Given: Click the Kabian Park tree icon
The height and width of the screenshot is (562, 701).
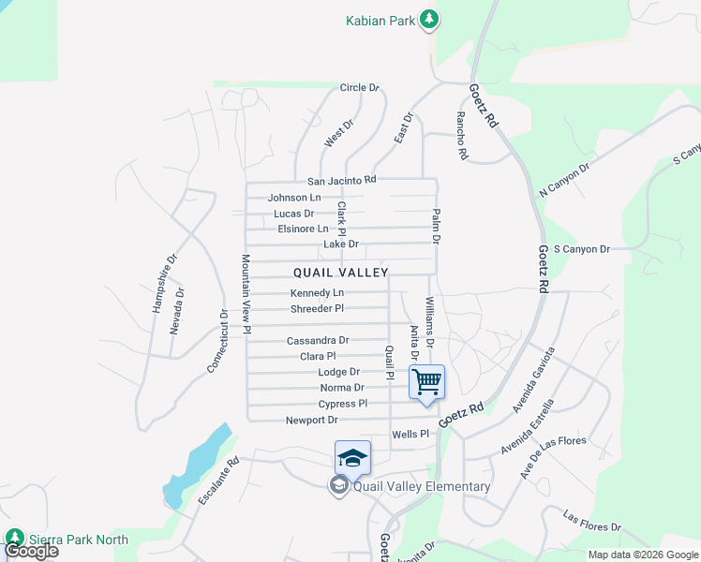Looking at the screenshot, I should coord(430,19).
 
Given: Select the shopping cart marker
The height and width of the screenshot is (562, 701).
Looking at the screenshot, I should coord(426,381).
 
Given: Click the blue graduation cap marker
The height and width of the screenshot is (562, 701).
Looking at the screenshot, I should coord(352,458).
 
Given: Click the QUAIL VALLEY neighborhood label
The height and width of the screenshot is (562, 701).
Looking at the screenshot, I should coord(340,273).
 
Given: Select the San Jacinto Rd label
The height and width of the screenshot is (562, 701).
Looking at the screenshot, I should coord(341,180).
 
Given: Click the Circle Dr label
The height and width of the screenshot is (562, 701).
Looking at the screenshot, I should coord(359,88).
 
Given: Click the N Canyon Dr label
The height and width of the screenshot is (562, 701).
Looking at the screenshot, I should coord(564,181).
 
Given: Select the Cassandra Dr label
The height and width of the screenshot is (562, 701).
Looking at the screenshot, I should coord(318,341).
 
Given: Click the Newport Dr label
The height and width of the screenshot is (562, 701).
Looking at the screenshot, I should coord(311,421).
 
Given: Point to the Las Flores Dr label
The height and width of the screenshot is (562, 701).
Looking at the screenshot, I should coord(592,522).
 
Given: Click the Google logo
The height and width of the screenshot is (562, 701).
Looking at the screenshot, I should coord(31,551).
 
